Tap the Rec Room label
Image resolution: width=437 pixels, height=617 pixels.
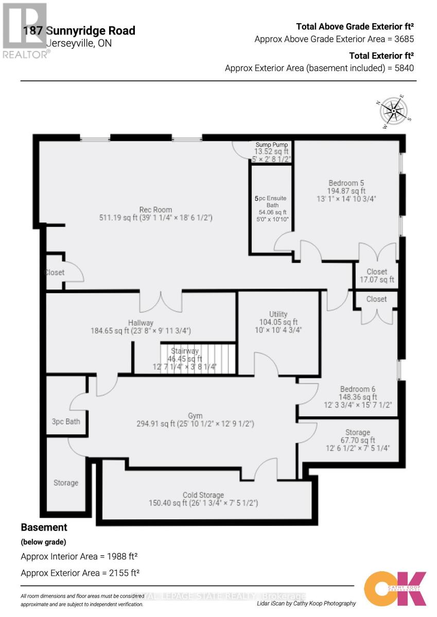[x=155, y=210]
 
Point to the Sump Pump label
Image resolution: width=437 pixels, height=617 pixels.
[x=272, y=145]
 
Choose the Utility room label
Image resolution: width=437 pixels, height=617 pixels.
[x=278, y=314]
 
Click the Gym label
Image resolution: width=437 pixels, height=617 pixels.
[x=195, y=416]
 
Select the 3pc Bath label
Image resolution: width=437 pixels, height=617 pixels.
[x=66, y=422]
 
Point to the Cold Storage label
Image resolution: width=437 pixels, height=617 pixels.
[x=203, y=495]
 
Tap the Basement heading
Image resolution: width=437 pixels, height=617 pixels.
[x=44, y=527]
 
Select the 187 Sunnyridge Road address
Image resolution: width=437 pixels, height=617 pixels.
[x=79, y=31]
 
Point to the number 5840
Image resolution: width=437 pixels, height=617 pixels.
[x=404, y=68]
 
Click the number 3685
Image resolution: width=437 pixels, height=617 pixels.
[x=404, y=39]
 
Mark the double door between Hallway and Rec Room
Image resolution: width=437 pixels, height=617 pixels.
[x=161, y=301]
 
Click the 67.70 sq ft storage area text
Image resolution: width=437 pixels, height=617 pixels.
[x=358, y=440]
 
